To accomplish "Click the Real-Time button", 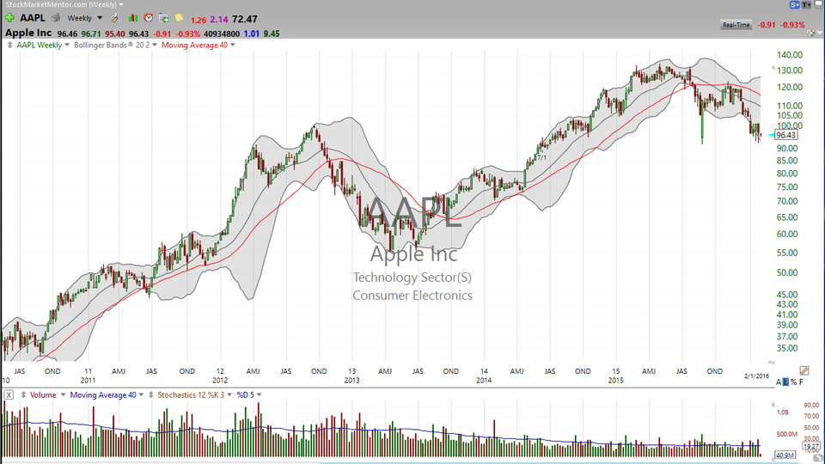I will [x=736, y=25].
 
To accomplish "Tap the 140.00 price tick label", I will [x=789, y=54].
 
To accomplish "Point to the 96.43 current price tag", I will [x=786, y=135].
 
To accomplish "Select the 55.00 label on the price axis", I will [x=788, y=253].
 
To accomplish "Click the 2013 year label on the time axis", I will [x=351, y=379].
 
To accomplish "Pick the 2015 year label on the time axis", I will [x=614, y=379].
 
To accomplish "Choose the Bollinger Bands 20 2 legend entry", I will [x=112, y=45].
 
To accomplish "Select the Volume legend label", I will [x=44, y=394].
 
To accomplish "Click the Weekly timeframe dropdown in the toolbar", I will [x=84, y=18].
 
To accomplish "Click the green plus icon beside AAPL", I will [x=9, y=18].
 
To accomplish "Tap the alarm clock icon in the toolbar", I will [x=149, y=18].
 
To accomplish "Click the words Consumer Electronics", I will [x=412, y=296].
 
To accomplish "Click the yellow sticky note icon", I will [x=179, y=18].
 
